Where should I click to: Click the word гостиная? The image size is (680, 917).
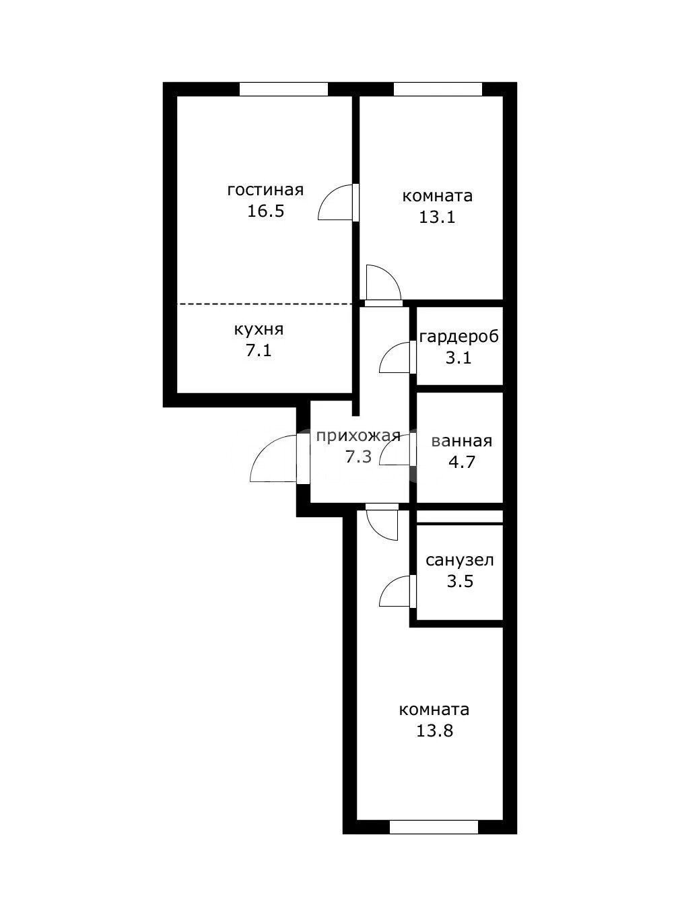[x=265, y=190]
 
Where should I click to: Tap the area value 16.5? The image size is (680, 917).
[x=265, y=211]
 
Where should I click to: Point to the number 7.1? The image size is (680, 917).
[x=259, y=351]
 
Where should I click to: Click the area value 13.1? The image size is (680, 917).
[x=437, y=217]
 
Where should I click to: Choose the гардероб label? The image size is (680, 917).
[x=459, y=337]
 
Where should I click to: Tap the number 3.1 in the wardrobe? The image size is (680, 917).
[x=458, y=358]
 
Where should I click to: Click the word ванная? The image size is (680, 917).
[x=462, y=442]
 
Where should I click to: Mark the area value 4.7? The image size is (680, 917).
[x=462, y=462]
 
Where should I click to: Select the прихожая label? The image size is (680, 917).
[x=358, y=436]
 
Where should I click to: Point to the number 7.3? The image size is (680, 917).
[x=359, y=457]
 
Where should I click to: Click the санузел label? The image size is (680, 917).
[x=460, y=561]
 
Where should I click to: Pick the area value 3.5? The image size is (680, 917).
[x=460, y=581]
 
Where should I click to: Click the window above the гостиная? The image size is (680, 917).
[x=283, y=89]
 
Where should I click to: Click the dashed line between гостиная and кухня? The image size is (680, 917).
[x=265, y=304]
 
